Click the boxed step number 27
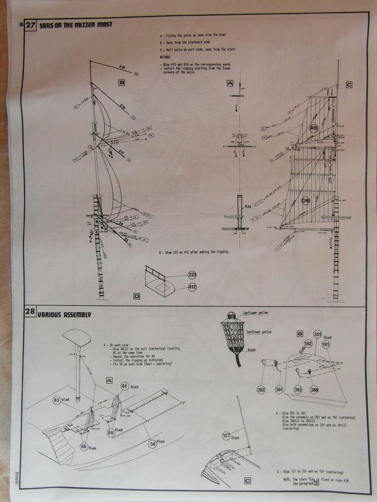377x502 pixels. click(x=30, y=25)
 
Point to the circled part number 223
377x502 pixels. click(x=192, y=275)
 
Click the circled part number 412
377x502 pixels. click(x=192, y=287)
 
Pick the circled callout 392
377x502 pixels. click(x=262, y=389)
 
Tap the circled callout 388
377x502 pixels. click(x=314, y=389)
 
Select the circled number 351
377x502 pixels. click(x=317, y=334)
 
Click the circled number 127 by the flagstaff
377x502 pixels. click(x=226, y=435)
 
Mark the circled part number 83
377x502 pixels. click(x=57, y=400)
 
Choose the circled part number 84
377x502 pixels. click(x=124, y=386)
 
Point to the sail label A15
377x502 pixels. click(x=314, y=128)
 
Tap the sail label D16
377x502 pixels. click(x=307, y=200)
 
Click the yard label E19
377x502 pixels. click(x=122, y=67)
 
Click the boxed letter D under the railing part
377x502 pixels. click(x=137, y=296)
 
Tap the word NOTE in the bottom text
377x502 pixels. click(x=288, y=478)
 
